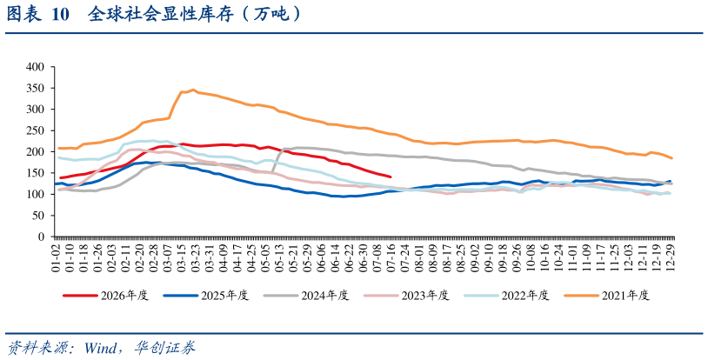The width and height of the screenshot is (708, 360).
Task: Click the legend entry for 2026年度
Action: (105, 296)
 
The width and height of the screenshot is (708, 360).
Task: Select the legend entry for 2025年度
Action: (206, 296)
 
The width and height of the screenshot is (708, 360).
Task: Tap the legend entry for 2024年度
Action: (306, 296)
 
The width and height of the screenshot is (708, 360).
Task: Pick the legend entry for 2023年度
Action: (406, 296)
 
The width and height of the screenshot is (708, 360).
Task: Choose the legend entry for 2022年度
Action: (506, 296)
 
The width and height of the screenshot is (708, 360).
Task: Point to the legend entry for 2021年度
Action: (607, 296)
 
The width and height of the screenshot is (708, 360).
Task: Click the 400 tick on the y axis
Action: (36, 67)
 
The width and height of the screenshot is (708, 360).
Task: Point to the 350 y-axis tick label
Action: (36, 88)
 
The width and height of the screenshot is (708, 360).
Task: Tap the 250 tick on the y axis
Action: (36, 130)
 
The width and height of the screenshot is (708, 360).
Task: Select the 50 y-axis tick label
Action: (39, 216)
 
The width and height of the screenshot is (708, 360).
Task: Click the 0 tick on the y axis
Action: (42, 237)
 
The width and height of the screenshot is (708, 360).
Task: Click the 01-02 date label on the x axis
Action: (56, 257)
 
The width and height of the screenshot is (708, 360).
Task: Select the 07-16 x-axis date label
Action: (391, 257)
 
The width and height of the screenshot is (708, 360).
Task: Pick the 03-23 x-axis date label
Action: (196, 257)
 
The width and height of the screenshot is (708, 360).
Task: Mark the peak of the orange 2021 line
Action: (193, 90)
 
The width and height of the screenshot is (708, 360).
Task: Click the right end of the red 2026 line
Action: (391, 177)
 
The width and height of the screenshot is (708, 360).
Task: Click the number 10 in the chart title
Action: (61, 15)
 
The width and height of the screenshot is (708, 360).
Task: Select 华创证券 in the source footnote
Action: (164, 348)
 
